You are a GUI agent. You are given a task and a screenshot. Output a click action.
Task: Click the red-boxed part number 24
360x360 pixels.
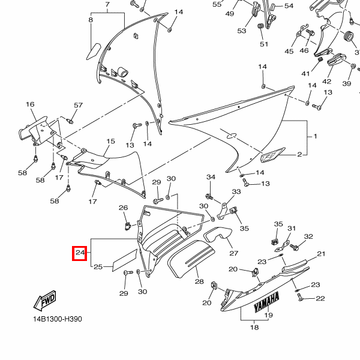coord(80,253)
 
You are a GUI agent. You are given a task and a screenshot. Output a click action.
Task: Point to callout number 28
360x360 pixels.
coord(199,281)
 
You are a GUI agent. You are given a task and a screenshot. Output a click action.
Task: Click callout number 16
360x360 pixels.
coord(30,104)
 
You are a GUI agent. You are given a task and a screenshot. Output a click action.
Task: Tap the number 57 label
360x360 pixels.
coord(78,106)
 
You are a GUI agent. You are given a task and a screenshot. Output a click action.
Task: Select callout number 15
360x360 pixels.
coord(110,142)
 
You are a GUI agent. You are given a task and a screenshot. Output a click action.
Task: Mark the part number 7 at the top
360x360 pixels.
coord(107,5)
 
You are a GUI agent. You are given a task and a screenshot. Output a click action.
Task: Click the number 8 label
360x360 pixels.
coord(91,20)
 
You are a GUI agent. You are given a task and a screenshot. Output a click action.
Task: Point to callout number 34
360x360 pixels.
coord(211,177)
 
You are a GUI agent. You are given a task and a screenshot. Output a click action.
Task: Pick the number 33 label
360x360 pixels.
coord(236,192)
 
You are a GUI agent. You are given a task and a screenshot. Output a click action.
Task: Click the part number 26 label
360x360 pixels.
coord(123,208)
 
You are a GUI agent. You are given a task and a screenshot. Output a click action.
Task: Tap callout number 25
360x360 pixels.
coord(98,266)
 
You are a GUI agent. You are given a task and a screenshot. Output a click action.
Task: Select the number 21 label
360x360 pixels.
coord(320,254)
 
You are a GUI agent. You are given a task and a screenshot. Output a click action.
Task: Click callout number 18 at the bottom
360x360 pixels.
coord(254,327)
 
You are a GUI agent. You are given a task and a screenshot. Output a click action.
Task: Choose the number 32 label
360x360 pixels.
coord(308,237)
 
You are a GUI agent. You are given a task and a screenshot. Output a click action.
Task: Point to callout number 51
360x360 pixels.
coord(264,44)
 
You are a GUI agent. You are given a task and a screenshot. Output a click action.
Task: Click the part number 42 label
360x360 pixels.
coord(326,82)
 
